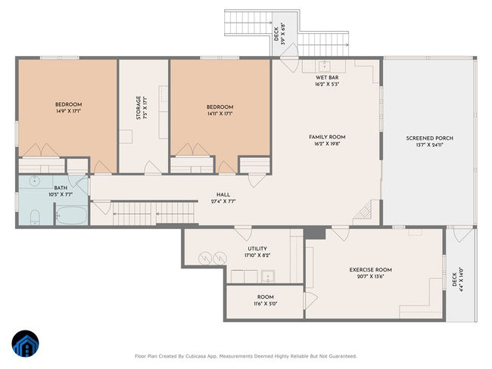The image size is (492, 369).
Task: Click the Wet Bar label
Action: [x=327, y=77]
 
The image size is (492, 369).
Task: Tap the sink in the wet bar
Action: [x=324, y=66]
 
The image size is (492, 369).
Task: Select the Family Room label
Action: [x=327, y=137]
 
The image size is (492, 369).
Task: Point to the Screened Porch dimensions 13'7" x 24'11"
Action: [x=429, y=145]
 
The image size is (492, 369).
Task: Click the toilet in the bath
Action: [x=35, y=218]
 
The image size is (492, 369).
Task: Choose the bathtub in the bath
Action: [x=72, y=215]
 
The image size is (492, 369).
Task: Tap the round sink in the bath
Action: [x=33, y=181]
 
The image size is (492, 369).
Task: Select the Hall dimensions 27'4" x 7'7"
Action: [x=223, y=201]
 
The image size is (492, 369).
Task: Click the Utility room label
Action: [x=257, y=249]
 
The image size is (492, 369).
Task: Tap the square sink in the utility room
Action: [x=268, y=276]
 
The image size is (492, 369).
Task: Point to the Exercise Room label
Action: [x=371, y=270]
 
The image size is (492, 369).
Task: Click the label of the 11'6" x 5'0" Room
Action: [x=266, y=297]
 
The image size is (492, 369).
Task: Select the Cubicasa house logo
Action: [x=26, y=343]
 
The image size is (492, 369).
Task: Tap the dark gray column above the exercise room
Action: [x=315, y=234]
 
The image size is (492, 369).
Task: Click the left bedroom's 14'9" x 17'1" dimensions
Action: [x=68, y=111]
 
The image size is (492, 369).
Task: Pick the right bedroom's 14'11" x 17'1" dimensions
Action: [x=220, y=114]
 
